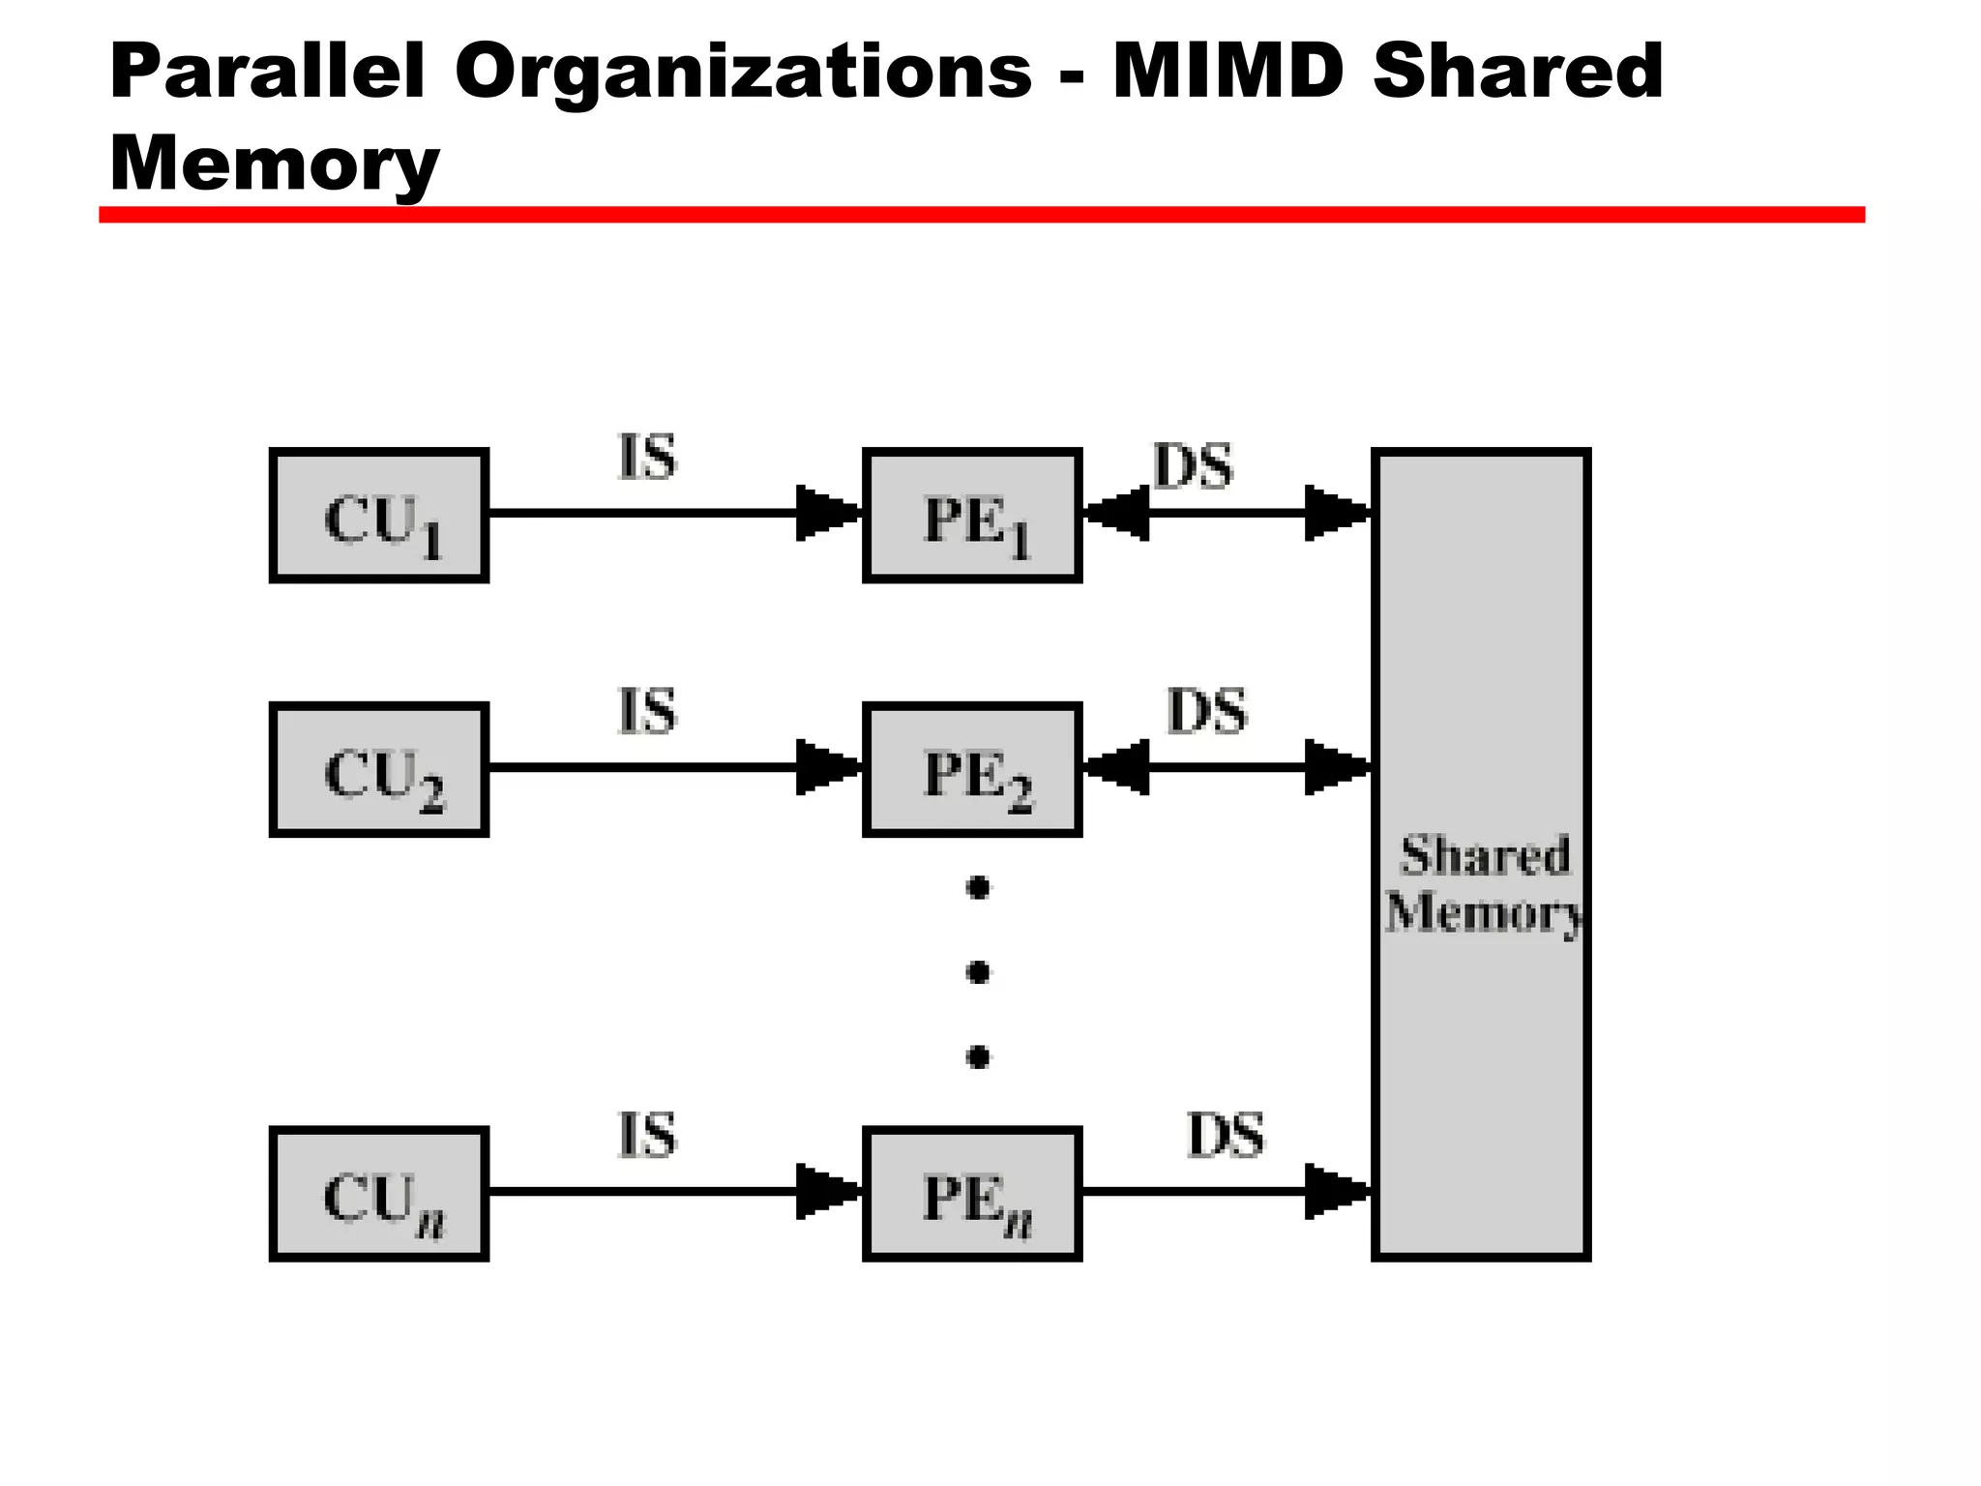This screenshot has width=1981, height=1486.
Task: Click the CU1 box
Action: (x=379, y=516)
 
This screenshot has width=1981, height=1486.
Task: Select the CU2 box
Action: (x=379, y=770)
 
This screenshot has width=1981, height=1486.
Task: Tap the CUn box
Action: (x=379, y=1194)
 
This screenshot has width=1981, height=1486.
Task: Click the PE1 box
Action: (x=972, y=516)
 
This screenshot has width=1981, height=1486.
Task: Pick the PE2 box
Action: (x=972, y=770)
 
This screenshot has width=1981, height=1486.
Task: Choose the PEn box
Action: (x=972, y=1194)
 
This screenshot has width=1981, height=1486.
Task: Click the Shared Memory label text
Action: (x=1483, y=883)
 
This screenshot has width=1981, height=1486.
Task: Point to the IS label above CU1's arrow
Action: (x=647, y=458)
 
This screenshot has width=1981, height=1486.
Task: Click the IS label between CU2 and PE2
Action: (x=647, y=711)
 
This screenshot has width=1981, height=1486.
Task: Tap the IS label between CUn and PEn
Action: (x=647, y=1135)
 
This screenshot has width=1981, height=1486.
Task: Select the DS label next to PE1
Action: (x=1194, y=466)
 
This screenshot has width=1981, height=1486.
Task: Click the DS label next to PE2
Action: (x=1207, y=711)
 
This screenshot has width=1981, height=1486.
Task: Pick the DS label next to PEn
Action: (x=1225, y=1135)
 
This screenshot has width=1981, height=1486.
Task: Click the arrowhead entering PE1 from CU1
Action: (x=824, y=513)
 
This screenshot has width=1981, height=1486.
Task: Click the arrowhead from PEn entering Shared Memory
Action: (x=1335, y=1191)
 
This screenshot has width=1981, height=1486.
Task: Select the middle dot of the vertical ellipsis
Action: (x=978, y=971)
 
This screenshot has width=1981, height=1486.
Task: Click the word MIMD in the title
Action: (x=1228, y=72)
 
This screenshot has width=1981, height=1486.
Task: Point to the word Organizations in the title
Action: (x=743, y=74)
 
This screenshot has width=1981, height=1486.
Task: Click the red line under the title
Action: (x=981, y=215)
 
